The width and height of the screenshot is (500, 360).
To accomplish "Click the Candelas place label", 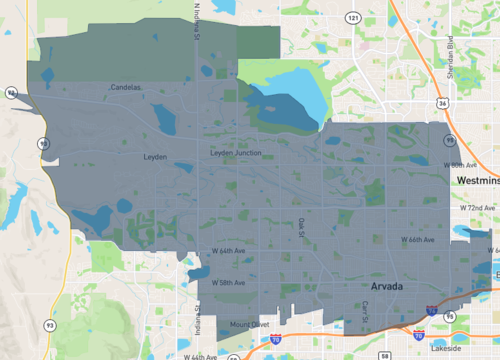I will coord(127,88).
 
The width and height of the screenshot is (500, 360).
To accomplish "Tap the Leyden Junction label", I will coord(235,152).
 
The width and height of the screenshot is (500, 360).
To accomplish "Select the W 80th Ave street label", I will coord(469,166).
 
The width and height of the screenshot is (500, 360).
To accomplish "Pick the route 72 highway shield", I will coord(9,92).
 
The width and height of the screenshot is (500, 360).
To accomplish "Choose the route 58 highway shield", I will coord(383,354).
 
